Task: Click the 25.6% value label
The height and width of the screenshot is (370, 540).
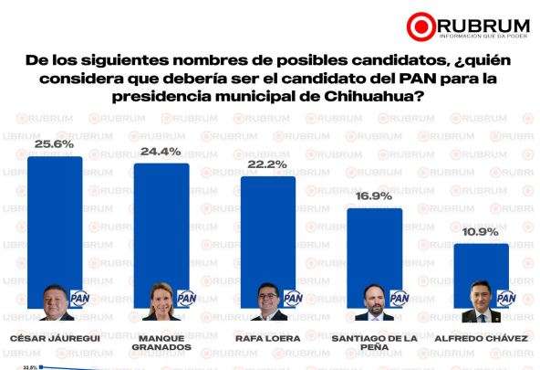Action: [x=56, y=145]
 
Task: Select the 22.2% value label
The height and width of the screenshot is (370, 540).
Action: [x=267, y=164]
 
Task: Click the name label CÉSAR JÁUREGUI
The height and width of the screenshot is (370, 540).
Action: [x=56, y=338]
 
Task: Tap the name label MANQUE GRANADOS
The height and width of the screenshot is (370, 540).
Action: [x=161, y=344]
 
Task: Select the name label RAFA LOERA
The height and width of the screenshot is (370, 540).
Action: [x=267, y=338]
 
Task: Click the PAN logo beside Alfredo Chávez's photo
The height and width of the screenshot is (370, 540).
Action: [x=504, y=299]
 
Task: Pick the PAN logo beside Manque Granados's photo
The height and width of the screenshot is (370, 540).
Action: [x=186, y=299]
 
